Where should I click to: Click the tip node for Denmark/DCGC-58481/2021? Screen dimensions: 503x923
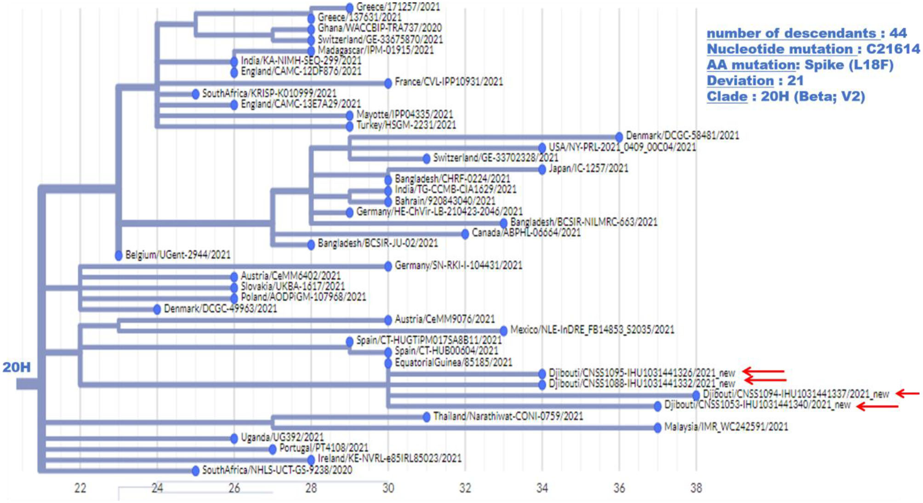619,137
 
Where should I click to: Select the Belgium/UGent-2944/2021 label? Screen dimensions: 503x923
177,255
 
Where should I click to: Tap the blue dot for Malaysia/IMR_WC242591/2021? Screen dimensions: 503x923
658,428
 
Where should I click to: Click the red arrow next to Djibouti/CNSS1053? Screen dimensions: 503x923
877,406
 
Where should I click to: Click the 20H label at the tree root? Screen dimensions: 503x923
17,367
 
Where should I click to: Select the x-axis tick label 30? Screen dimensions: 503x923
388,488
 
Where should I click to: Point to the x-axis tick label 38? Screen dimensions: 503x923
696,488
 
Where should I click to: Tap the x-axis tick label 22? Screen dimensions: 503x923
80,488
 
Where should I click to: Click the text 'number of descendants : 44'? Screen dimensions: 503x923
806,33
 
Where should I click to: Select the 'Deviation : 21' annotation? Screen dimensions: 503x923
755,80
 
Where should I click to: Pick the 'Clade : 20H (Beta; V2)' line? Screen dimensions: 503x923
785,97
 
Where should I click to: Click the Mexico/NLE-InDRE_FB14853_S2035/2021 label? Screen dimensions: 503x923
592,330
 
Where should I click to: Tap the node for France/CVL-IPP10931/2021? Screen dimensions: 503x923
388,83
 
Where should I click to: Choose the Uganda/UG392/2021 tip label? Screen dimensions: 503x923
282,437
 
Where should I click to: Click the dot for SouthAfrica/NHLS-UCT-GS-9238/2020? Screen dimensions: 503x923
195,470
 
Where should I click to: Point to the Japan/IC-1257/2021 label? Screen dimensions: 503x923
588,168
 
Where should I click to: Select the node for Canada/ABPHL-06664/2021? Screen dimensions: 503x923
465,234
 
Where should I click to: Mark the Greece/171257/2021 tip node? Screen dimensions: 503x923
349,8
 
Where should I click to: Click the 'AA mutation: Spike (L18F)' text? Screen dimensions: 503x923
800,65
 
